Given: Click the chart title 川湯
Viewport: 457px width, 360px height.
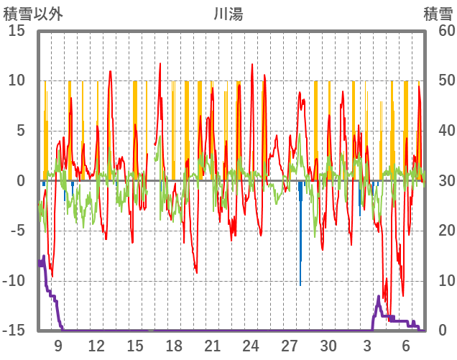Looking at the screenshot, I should pyautogui.click(x=228, y=14).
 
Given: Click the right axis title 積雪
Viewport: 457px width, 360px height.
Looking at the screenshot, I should pyautogui.click(x=438, y=14).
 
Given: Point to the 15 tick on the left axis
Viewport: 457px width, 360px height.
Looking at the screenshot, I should pyautogui.click(x=17, y=31).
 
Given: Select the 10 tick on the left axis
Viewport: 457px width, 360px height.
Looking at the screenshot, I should pyautogui.click(x=17, y=80).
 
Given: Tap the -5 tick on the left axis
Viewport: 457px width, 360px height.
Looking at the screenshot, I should pyautogui.click(x=17, y=231).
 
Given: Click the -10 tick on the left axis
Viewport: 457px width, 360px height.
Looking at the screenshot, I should pyautogui.click(x=14, y=281).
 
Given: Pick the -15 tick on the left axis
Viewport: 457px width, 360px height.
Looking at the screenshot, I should pyautogui.click(x=14, y=331).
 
